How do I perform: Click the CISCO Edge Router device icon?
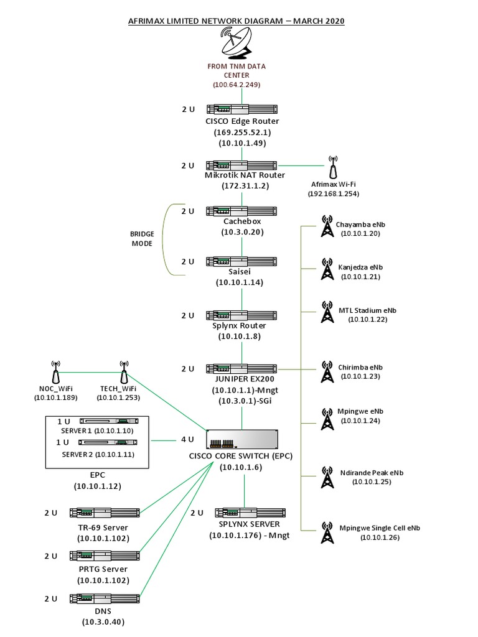click(x=241, y=109)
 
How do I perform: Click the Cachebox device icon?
click(x=241, y=212)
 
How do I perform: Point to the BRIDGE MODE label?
click(x=141, y=239)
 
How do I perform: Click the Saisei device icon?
click(x=241, y=261)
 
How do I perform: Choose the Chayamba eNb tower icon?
click(x=326, y=226)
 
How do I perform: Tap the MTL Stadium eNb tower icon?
click(x=326, y=312)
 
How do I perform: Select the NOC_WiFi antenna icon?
click(x=55, y=373)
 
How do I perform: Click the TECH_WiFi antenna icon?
click(x=124, y=373)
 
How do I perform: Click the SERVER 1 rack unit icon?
click(x=112, y=422)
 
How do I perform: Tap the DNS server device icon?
click(x=104, y=598)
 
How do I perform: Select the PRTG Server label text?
click(x=103, y=569)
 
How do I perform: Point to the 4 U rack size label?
click(x=188, y=439)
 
